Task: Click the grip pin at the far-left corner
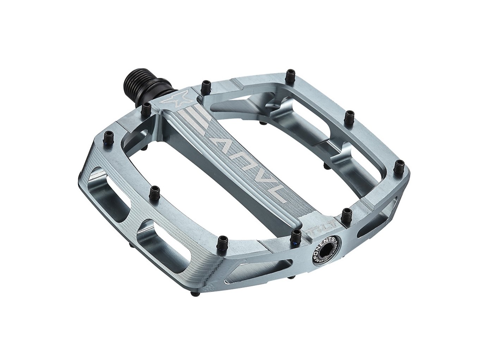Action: click(107, 135)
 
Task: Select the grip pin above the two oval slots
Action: click(154, 192)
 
